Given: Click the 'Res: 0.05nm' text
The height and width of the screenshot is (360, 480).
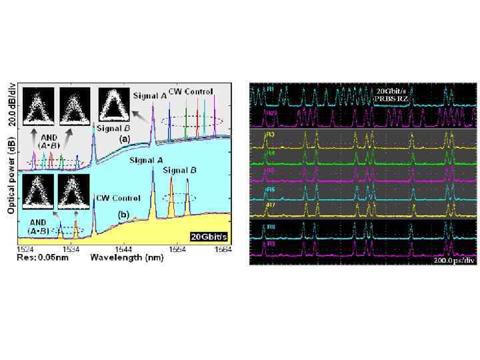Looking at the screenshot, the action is click(30, 257).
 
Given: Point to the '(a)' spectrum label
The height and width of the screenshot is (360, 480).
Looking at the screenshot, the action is click(124, 137).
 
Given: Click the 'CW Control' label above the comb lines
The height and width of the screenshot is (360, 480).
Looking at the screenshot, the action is click(191, 91).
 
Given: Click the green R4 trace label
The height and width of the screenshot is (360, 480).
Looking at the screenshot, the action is click(271, 154).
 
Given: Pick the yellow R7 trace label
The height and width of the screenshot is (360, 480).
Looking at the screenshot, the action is click(271, 204).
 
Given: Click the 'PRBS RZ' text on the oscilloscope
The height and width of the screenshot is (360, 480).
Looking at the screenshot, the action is click(390, 98).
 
